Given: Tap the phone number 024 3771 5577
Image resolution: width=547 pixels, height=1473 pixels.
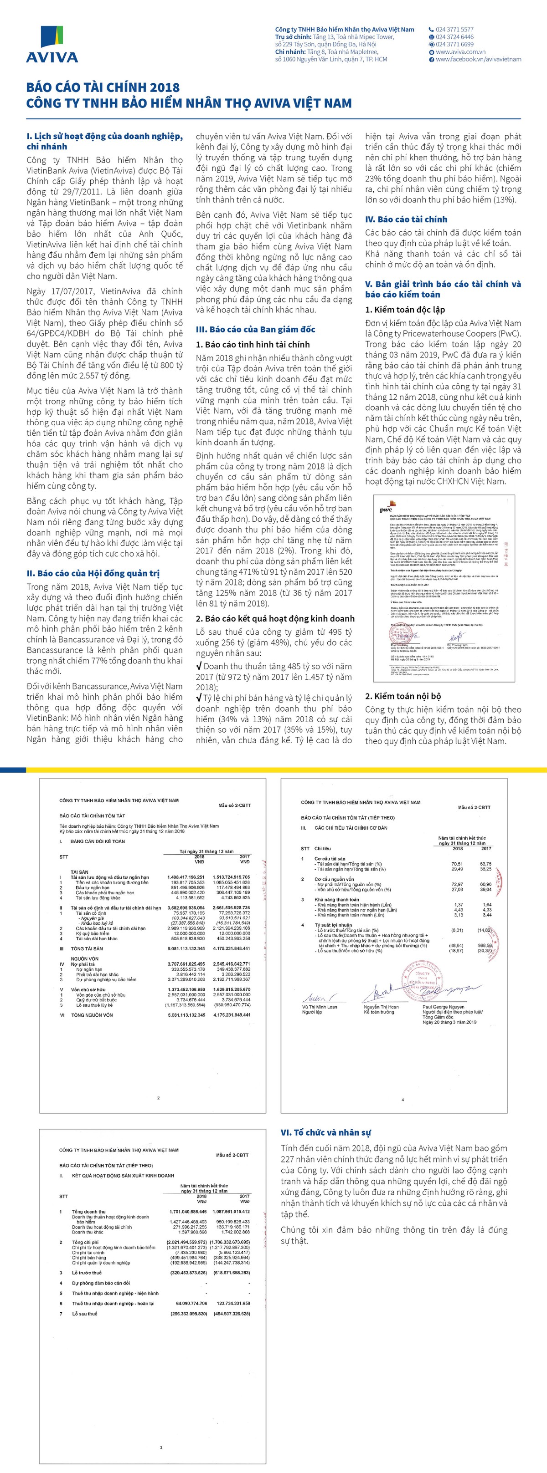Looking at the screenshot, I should [x=454, y=29].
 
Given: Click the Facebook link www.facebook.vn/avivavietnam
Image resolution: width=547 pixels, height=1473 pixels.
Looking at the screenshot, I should [x=478, y=59].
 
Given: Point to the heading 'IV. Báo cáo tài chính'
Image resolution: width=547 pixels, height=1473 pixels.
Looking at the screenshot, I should [x=406, y=219].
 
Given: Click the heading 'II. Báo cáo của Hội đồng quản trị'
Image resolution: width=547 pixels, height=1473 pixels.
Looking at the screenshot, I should [x=93, y=573].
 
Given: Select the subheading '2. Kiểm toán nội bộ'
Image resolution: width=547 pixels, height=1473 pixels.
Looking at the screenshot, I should [x=403, y=696].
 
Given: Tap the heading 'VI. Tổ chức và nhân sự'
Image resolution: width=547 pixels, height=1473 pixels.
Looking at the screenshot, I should [x=325, y=1132].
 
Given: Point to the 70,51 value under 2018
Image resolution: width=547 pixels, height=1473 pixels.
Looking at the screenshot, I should [x=457, y=863].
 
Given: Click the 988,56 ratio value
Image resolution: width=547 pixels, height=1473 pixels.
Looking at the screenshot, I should [x=485, y=945].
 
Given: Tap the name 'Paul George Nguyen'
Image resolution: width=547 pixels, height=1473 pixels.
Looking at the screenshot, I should [x=444, y=1006].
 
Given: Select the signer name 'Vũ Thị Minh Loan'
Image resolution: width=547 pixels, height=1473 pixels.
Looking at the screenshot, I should [x=319, y=1006].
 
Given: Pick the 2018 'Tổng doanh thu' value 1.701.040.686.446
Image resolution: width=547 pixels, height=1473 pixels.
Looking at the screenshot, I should [x=188, y=1212].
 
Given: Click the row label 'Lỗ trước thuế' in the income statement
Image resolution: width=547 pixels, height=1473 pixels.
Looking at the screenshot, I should [x=87, y=1272].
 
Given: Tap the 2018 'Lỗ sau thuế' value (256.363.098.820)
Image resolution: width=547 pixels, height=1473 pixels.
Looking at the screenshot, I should [x=188, y=1314].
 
